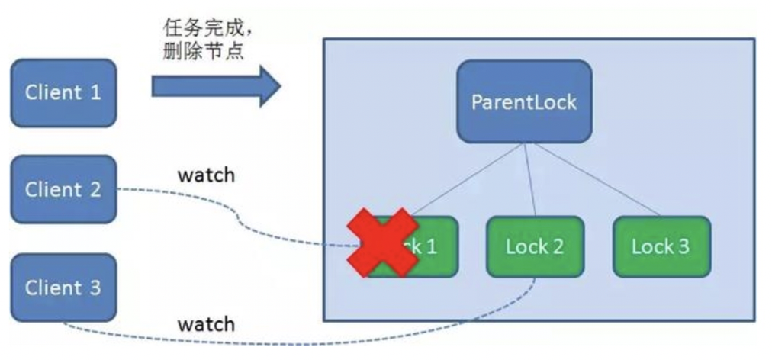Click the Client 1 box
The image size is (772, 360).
click(x=63, y=93)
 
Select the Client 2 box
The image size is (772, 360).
click(x=63, y=189)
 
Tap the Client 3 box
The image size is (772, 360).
click(x=63, y=288)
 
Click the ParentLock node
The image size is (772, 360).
click(x=524, y=101)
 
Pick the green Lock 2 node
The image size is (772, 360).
click(x=535, y=246)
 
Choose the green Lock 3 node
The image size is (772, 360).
click(x=661, y=246)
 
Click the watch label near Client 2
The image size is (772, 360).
click(x=206, y=175)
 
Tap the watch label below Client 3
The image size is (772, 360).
click(x=206, y=324)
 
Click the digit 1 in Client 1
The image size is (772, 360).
click(x=95, y=93)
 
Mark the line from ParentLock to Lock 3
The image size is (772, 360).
click(x=595, y=180)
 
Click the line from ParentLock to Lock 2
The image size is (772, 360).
click(x=529, y=180)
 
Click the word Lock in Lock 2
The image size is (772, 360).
click(x=526, y=246)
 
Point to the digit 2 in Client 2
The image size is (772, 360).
click(x=95, y=189)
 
